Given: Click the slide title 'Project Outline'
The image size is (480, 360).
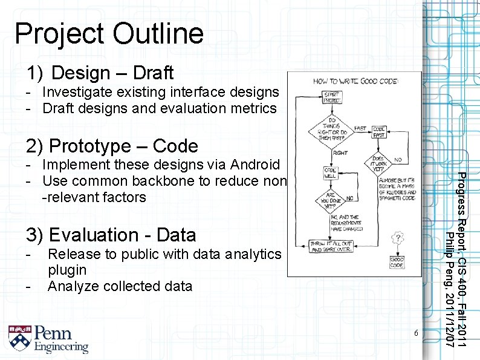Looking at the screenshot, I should pyautogui.click(x=109, y=33).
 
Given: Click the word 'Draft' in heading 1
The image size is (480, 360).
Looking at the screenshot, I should pyautogui.click(x=153, y=73).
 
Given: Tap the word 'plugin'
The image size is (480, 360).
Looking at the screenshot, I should pyautogui.click(x=66, y=270).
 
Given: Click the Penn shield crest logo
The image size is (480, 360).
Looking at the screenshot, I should pyautogui.click(x=19, y=339).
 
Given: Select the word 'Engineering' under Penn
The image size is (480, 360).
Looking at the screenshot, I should pyautogui.click(x=61, y=347).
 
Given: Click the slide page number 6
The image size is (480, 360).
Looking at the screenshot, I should pyautogui.click(x=416, y=334).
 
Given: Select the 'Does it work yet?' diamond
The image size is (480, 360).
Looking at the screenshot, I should pyautogui.click(x=379, y=165).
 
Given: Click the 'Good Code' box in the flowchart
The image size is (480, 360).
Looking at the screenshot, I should pyautogui.click(x=397, y=263).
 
